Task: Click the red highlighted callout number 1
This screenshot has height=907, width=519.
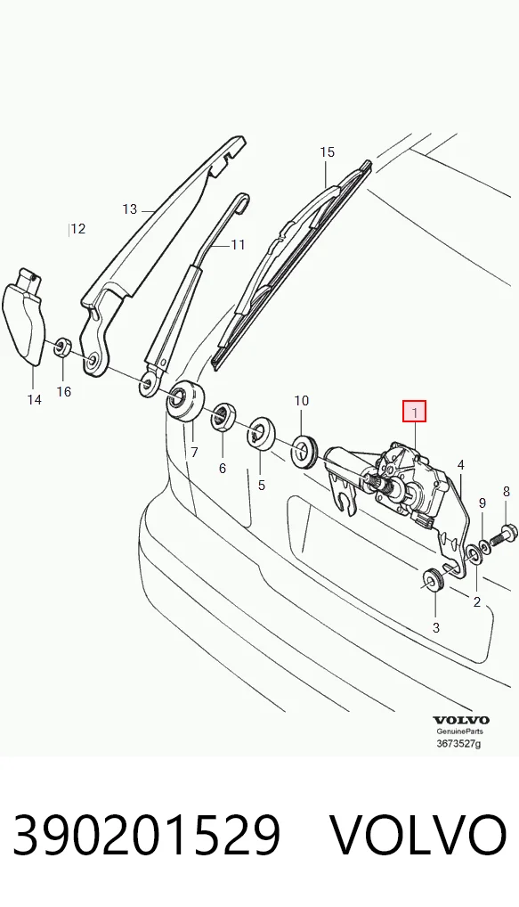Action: [x=414, y=412]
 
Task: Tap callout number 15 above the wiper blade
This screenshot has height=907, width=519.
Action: [x=327, y=152]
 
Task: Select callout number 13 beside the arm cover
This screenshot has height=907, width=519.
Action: [x=130, y=208]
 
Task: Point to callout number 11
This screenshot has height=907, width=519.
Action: [x=238, y=245]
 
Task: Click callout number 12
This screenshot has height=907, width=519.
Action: [x=78, y=229]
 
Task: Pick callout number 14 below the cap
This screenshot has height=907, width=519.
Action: [x=34, y=399]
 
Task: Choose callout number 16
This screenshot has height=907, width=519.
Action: [x=63, y=392]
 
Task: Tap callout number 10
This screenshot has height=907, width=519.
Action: [x=302, y=400]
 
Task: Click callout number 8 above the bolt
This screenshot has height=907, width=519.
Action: [x=507, y=492]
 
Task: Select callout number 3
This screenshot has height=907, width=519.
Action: [x=436, y=627]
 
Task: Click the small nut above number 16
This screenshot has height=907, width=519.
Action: [x=62, y=347]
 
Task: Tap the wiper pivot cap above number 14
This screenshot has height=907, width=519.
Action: [x=24, y=316]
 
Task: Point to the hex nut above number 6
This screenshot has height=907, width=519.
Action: [x=222, y=417]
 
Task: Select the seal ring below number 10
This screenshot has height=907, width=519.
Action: [x=304, y=450]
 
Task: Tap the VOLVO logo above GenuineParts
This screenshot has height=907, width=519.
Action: [x=461, y=720]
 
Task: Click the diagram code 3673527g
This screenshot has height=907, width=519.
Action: [x=458, y=743]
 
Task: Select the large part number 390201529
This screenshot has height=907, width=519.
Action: [x=147, y=835]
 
